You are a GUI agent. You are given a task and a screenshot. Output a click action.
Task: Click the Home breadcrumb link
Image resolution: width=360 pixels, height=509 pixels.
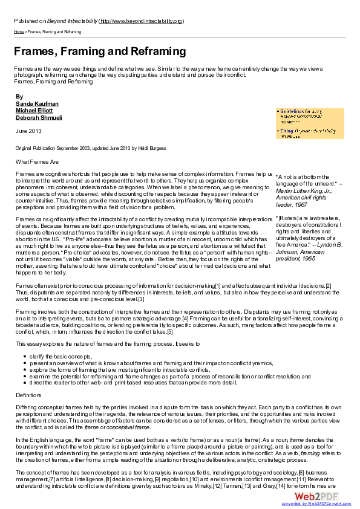(x=19, y=31)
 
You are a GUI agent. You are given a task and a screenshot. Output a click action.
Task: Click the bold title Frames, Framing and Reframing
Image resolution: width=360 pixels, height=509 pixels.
(x=100, y=51)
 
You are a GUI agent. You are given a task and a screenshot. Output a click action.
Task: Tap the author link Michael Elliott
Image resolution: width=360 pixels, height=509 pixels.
(x=34, y=111)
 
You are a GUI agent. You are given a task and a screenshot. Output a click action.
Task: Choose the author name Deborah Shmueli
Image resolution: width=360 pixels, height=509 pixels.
(x=39, y=117)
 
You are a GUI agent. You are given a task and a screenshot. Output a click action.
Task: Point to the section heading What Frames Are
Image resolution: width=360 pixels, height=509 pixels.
(x=37, y=161)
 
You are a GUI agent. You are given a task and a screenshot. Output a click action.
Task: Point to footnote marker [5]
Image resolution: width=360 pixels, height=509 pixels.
(x=170, y=331)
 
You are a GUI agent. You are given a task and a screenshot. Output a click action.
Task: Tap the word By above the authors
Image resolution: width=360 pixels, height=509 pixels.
(x=19, y=97)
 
